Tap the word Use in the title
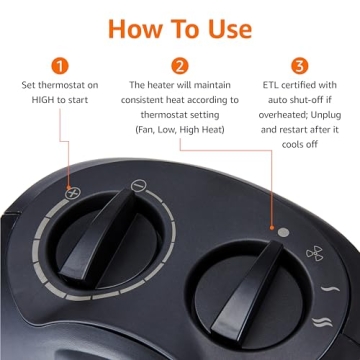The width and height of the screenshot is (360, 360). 227,27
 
